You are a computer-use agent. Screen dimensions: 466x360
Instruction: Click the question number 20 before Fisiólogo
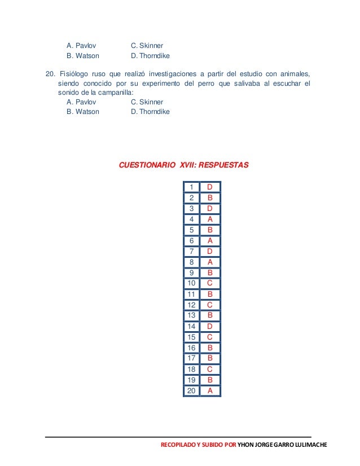point(50,74)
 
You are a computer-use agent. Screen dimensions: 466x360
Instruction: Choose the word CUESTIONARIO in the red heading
point(147,165)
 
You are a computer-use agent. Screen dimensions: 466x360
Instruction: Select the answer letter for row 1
point(210,187)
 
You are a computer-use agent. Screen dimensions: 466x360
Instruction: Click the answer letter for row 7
point(210,251)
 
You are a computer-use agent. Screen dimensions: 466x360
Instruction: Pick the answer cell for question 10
point(210,283)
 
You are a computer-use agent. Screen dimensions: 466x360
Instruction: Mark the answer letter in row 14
point(210,326)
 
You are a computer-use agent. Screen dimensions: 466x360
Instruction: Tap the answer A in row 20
point(210,390)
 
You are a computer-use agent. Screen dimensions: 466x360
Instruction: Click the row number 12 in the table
point(191,305)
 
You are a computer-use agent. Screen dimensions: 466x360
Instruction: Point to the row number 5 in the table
point(192,230)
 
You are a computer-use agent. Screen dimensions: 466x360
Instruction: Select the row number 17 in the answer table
point(191,358)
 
